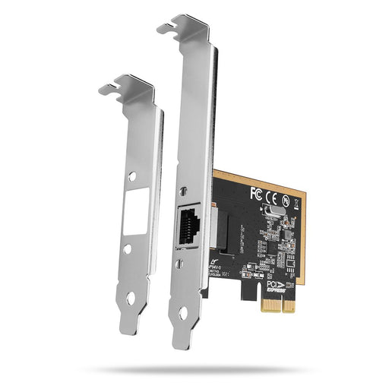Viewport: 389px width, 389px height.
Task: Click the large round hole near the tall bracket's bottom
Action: click(184, 311)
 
